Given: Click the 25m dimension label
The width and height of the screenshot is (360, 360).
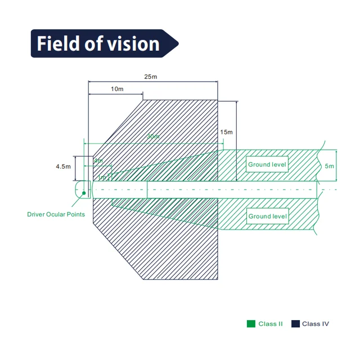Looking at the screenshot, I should (150, 76).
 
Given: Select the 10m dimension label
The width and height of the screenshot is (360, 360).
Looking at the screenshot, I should (117, 89).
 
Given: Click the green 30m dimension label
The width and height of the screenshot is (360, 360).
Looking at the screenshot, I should (152, 137).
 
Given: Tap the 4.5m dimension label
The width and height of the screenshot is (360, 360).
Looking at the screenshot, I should (63, 166).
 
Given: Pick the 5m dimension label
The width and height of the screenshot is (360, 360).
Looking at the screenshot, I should (330, 166).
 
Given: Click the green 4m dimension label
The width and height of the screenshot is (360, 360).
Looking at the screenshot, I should (98, 161).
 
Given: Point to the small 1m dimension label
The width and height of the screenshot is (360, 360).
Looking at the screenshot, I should (101, 178).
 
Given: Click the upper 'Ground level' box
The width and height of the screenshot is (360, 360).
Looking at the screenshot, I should (267, 165).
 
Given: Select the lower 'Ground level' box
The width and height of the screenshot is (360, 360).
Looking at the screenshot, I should (267, 217).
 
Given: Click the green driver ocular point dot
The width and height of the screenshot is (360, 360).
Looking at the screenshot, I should (84, 193).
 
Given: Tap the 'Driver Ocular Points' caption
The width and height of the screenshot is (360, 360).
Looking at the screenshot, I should (56, 214).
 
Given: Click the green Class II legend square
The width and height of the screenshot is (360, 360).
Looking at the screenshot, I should (251, 323).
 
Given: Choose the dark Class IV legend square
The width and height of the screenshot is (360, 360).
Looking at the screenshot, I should (295, 323).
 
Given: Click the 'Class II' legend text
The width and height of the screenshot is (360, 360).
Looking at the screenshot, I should (271, 324).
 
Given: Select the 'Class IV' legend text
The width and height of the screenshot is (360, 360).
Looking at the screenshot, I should (316, 324).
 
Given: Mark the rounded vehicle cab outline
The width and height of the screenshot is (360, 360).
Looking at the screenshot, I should (82, 188).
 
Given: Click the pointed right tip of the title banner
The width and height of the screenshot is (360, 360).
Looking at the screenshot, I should (178, 43).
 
